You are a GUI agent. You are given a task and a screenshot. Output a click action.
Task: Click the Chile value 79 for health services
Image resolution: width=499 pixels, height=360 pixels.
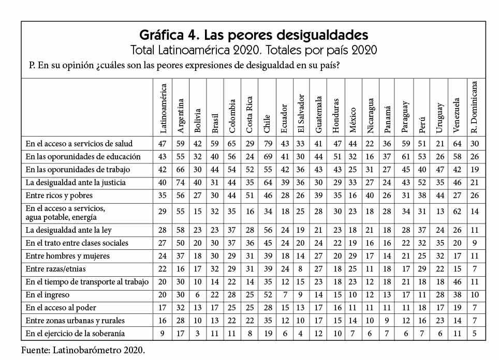[268, 143]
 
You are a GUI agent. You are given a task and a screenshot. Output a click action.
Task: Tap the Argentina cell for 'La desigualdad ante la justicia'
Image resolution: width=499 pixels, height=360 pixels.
[181, 183]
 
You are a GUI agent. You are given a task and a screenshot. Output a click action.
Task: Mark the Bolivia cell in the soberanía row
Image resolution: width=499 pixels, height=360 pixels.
[198, 334]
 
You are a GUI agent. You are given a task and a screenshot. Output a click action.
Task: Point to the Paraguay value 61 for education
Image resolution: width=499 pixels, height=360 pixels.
[406, 157]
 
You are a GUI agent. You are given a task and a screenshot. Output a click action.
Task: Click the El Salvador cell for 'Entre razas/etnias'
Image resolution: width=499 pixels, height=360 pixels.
[302, 269]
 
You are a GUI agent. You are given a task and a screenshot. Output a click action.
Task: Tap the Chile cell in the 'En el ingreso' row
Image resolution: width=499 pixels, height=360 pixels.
[268, 294]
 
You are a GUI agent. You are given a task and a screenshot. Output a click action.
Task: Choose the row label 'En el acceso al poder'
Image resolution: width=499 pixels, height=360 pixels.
[60, 308]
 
